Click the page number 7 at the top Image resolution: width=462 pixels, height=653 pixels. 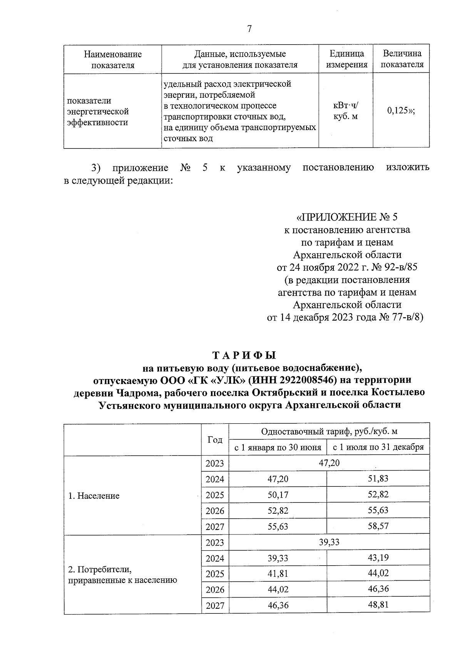249,29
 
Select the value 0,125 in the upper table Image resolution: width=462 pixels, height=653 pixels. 401,111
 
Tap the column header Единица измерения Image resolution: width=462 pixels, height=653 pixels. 346,59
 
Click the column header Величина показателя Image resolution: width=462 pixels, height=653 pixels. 402,59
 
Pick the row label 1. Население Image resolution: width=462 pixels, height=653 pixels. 94,496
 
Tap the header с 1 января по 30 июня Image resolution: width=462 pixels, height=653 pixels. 278,448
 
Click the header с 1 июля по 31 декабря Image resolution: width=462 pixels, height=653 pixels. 378,448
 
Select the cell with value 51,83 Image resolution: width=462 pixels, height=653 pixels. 378,479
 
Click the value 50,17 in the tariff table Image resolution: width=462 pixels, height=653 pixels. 278,495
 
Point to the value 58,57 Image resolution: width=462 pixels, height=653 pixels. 378,526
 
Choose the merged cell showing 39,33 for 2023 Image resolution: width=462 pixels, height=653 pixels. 329,542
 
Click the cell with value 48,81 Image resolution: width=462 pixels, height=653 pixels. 378,605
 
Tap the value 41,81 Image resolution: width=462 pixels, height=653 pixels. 278,574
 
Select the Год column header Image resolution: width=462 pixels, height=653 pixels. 215,440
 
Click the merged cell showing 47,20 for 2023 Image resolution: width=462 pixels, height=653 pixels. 329,463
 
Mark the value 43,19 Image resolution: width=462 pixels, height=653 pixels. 378,558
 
